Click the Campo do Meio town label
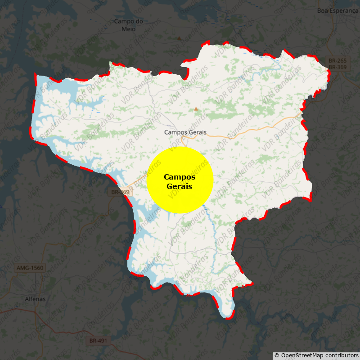[128, 25]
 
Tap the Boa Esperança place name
[337, 10]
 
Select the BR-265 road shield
[337, 60]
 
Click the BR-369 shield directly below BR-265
[337, 67]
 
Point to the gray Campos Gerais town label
[185, 132]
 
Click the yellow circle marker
[180, 180]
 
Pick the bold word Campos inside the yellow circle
[180, 177]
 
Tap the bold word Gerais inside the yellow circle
[180, 186]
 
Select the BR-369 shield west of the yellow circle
[120, 192]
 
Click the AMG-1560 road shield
[30, 268]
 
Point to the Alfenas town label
[35, 298]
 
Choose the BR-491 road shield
[98, 341]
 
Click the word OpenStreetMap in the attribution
[302, 355]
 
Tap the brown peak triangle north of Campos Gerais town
[196, 109]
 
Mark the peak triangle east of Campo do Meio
[179, 38]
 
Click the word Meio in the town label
[128, 29]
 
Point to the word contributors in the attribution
[341, 355]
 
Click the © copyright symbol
[277, 355]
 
